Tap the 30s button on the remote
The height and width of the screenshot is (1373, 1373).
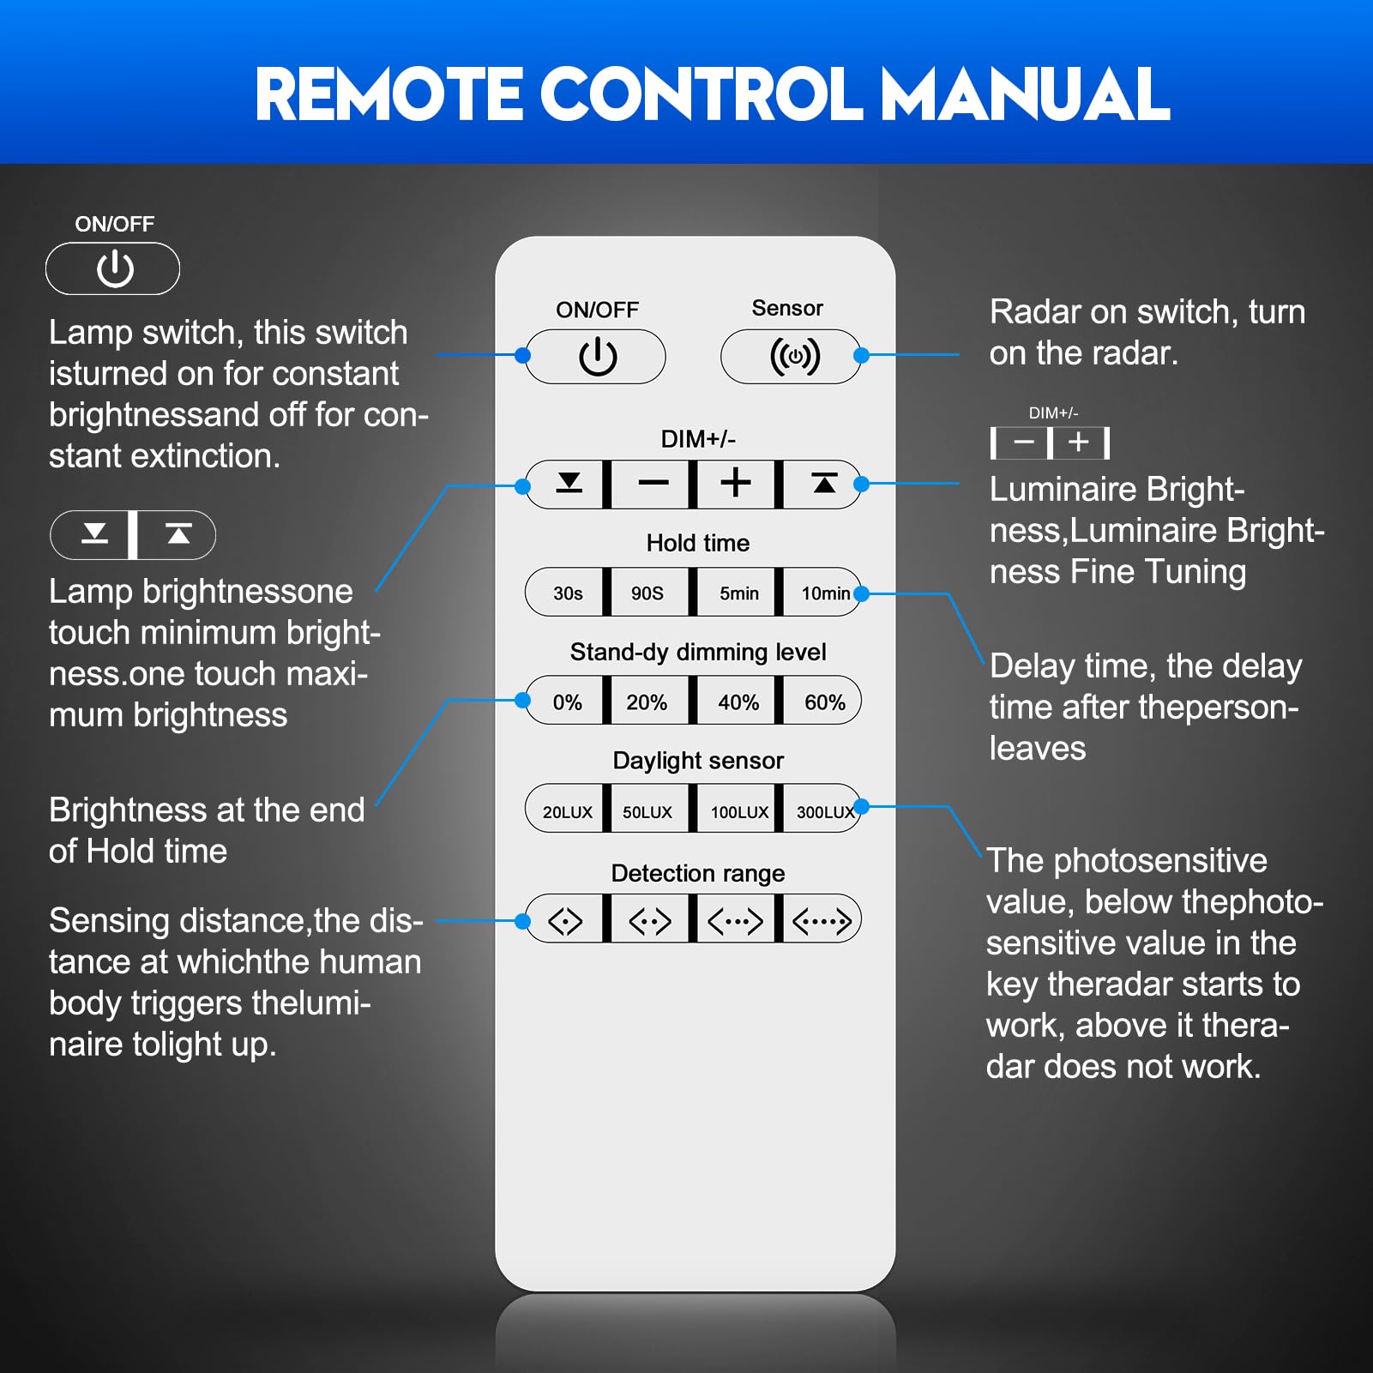566,593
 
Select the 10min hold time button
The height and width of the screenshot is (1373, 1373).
823,593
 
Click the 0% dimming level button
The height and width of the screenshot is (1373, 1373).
566,702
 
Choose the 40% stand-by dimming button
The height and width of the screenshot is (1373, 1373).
738,702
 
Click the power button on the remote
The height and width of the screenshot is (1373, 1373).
596,357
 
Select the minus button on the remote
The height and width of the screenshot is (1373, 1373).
652,484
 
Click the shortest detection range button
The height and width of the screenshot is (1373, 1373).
566,921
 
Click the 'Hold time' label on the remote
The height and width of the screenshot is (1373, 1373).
698,543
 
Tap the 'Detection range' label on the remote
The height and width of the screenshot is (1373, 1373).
698,873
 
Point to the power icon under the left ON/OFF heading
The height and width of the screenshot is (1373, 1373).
115,269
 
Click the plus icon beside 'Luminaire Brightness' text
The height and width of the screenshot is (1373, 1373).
1079,443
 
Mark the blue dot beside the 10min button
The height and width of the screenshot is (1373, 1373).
862,593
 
